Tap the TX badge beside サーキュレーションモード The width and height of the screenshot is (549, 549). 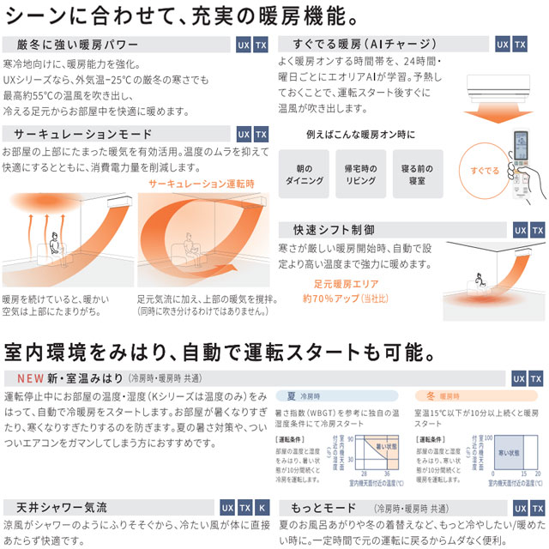click(262, 135)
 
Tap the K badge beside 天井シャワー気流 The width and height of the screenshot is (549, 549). click(262, 508)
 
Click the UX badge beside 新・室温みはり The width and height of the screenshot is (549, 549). click(518, 378)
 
